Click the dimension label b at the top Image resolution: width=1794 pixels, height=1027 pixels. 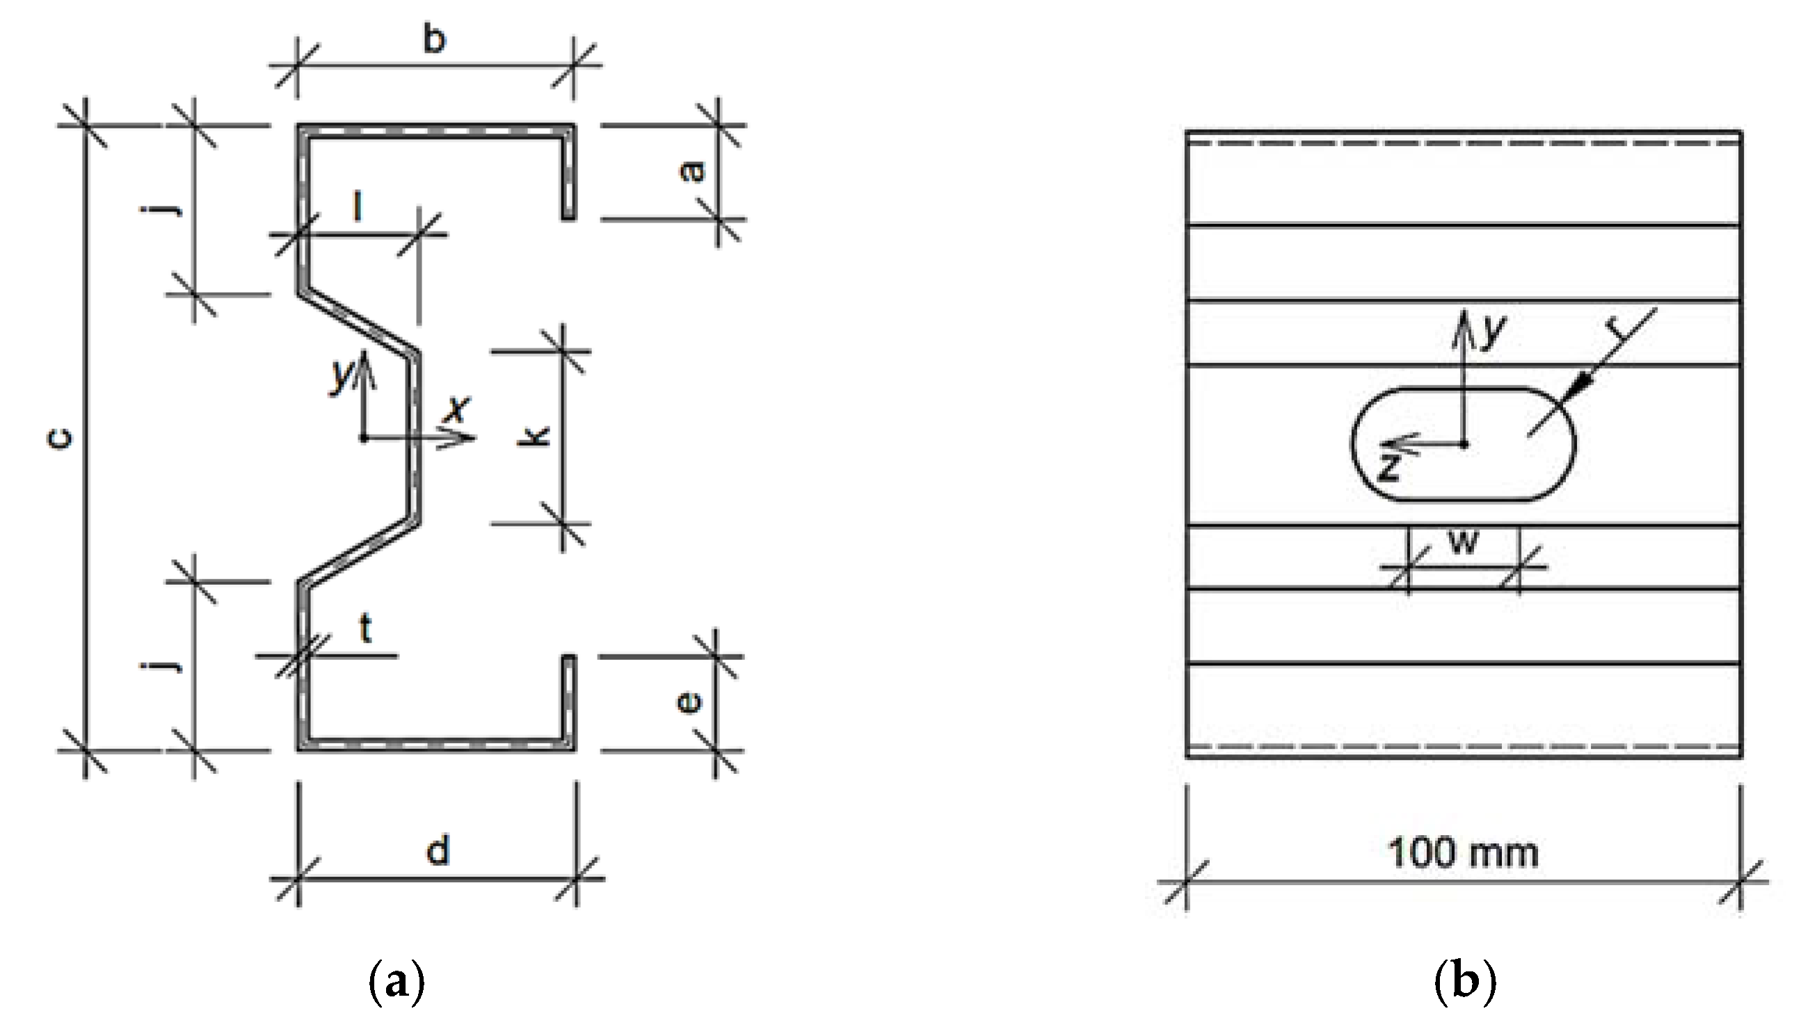point(435,40)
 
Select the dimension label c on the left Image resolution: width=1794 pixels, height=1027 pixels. point(61,439)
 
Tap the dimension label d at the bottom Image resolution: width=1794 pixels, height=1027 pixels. point(438,850)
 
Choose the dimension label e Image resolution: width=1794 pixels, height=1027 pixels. point(689,702)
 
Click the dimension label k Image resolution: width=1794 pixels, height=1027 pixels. point(534,437)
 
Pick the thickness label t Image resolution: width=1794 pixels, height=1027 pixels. point(365,628)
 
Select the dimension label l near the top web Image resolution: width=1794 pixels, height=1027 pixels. point(358,207)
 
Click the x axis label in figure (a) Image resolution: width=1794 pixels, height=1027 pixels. point(458,408)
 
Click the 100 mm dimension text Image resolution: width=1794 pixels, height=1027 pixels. point(1462,852)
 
